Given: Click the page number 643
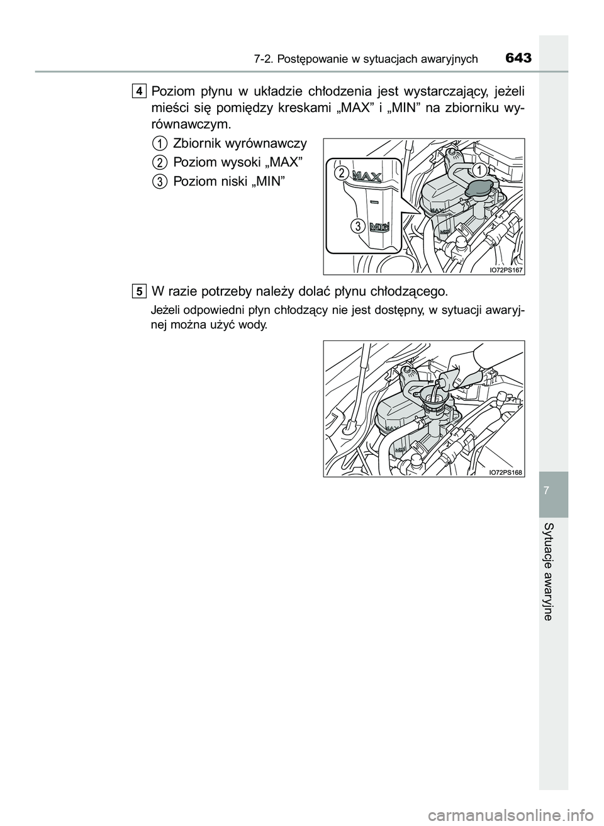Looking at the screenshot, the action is click(518, 58).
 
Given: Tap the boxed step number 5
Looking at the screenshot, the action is click(138, 292).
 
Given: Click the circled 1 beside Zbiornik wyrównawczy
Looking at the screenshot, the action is click(160, 143).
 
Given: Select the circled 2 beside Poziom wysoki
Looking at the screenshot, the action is click(160, 162).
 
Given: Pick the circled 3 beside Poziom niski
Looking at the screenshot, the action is click(160, 181).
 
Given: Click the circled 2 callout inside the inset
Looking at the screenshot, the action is click(342, 172).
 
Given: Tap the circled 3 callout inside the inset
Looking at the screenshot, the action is click(357, 226).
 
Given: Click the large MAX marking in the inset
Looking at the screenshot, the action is click(367, 177).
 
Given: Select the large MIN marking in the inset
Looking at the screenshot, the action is click(379, 226).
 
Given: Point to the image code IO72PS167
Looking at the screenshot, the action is click(506, 270).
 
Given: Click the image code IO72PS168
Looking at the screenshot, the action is click(506, 472).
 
